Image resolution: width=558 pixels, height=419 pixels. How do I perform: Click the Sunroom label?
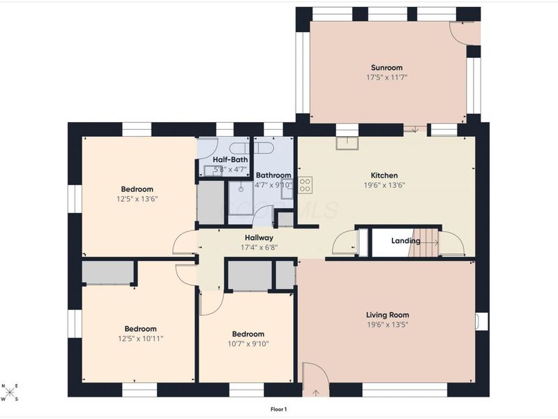pos(387,68)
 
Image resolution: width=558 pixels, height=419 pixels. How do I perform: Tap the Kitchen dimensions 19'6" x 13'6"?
pos(384,185)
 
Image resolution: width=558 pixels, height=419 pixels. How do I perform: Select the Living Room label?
pos(388,315)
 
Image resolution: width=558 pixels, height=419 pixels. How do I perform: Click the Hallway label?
pos(259,237)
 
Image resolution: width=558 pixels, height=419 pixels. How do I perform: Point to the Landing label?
pos(406,241)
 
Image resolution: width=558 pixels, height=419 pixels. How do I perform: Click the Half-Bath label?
pos(230,160)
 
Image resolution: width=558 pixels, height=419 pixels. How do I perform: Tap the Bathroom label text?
pos(273,175)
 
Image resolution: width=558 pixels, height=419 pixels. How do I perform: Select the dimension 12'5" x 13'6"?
pos(137,199)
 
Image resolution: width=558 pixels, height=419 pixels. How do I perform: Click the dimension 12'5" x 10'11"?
pos(141,339)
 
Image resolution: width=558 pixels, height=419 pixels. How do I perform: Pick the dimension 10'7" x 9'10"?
pos(248,344)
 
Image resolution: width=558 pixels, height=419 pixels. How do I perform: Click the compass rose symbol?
pos(10,392)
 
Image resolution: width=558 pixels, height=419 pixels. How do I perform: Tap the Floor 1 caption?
pos(278,409)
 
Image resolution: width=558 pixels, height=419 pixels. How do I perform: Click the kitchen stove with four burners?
pos(305,185)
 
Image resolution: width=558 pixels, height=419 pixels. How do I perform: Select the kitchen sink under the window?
pos(347,143)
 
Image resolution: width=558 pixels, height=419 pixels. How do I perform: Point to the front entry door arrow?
pos(316,393)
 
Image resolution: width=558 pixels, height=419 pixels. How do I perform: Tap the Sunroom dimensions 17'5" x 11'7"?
pos(387,78)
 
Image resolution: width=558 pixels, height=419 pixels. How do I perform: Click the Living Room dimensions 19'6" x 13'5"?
pos(388,325)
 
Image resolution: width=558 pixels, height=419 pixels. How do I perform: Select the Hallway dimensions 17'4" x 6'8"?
pos(259,247)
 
